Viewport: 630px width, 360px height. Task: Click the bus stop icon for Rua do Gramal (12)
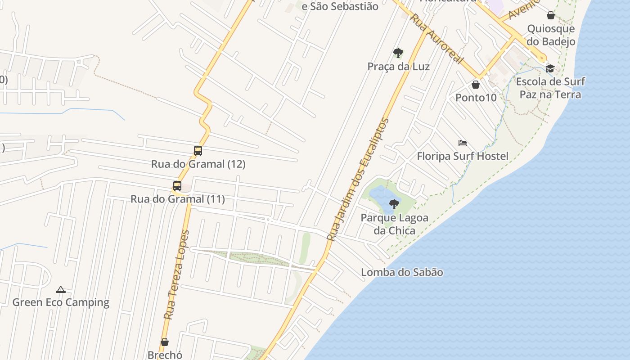[198, 151]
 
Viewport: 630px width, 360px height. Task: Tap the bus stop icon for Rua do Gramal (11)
[177, 185]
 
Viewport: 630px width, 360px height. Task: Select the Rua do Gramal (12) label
[198, 164]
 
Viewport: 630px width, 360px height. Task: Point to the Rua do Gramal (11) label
[178, 198]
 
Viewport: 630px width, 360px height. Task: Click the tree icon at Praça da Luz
[398, 53]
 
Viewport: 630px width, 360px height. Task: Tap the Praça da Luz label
[398, 67]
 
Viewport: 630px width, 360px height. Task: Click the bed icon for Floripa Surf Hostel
[463, 143]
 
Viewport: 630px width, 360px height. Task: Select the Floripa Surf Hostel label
[463, 156]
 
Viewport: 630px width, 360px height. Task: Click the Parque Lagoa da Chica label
[395, 224]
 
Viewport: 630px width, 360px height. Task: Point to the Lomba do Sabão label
[402, 272]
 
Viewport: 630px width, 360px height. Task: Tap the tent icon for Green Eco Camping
[61, 289]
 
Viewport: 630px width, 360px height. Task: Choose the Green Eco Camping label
[61, 302]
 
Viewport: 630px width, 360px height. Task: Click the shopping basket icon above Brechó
[165, 342]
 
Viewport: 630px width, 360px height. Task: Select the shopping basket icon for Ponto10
[476, 85]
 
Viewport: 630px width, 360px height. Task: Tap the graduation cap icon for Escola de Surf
[550, 68]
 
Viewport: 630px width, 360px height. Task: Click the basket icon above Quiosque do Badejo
[551, 15]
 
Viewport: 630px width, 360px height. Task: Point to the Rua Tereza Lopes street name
[176, 274]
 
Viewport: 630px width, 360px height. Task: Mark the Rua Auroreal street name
[436, 39]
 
